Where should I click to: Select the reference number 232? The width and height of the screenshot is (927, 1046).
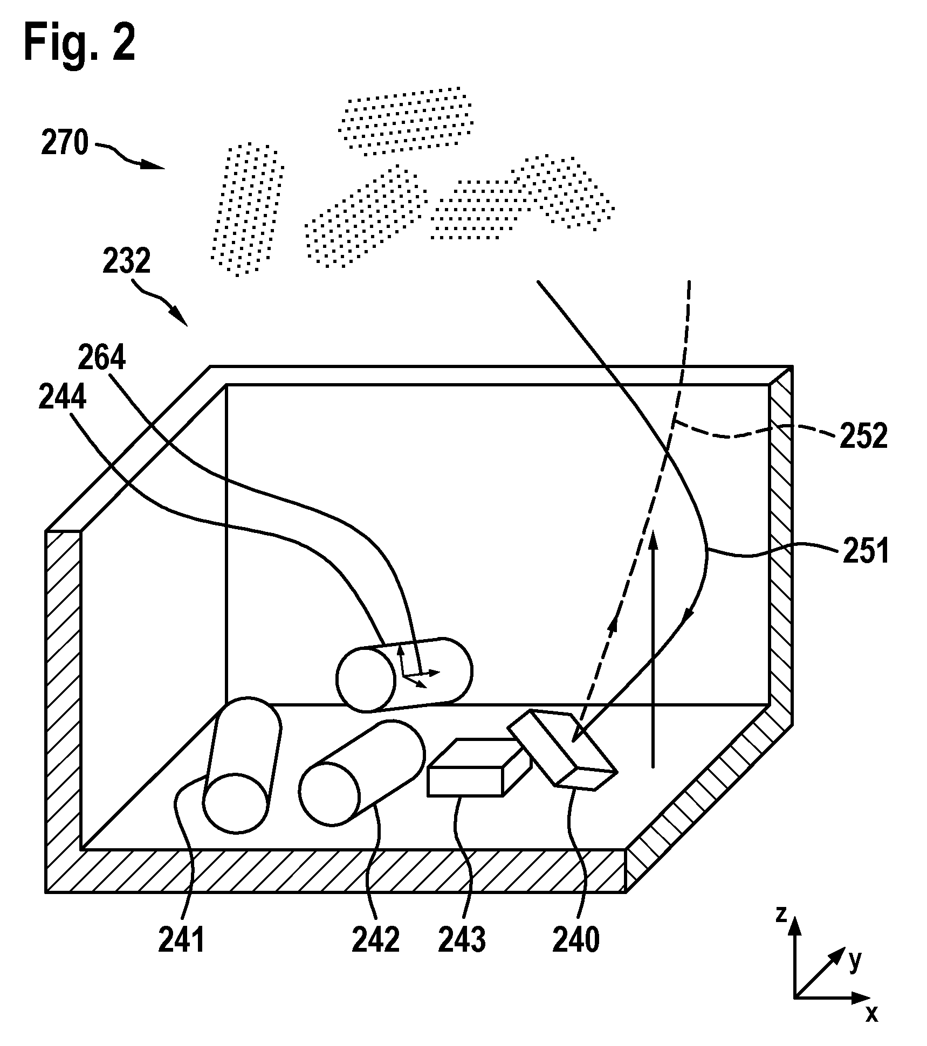(127, 262)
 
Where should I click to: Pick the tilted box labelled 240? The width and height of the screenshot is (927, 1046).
(562, 749)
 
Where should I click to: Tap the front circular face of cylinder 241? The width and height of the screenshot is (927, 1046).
(236, 802)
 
